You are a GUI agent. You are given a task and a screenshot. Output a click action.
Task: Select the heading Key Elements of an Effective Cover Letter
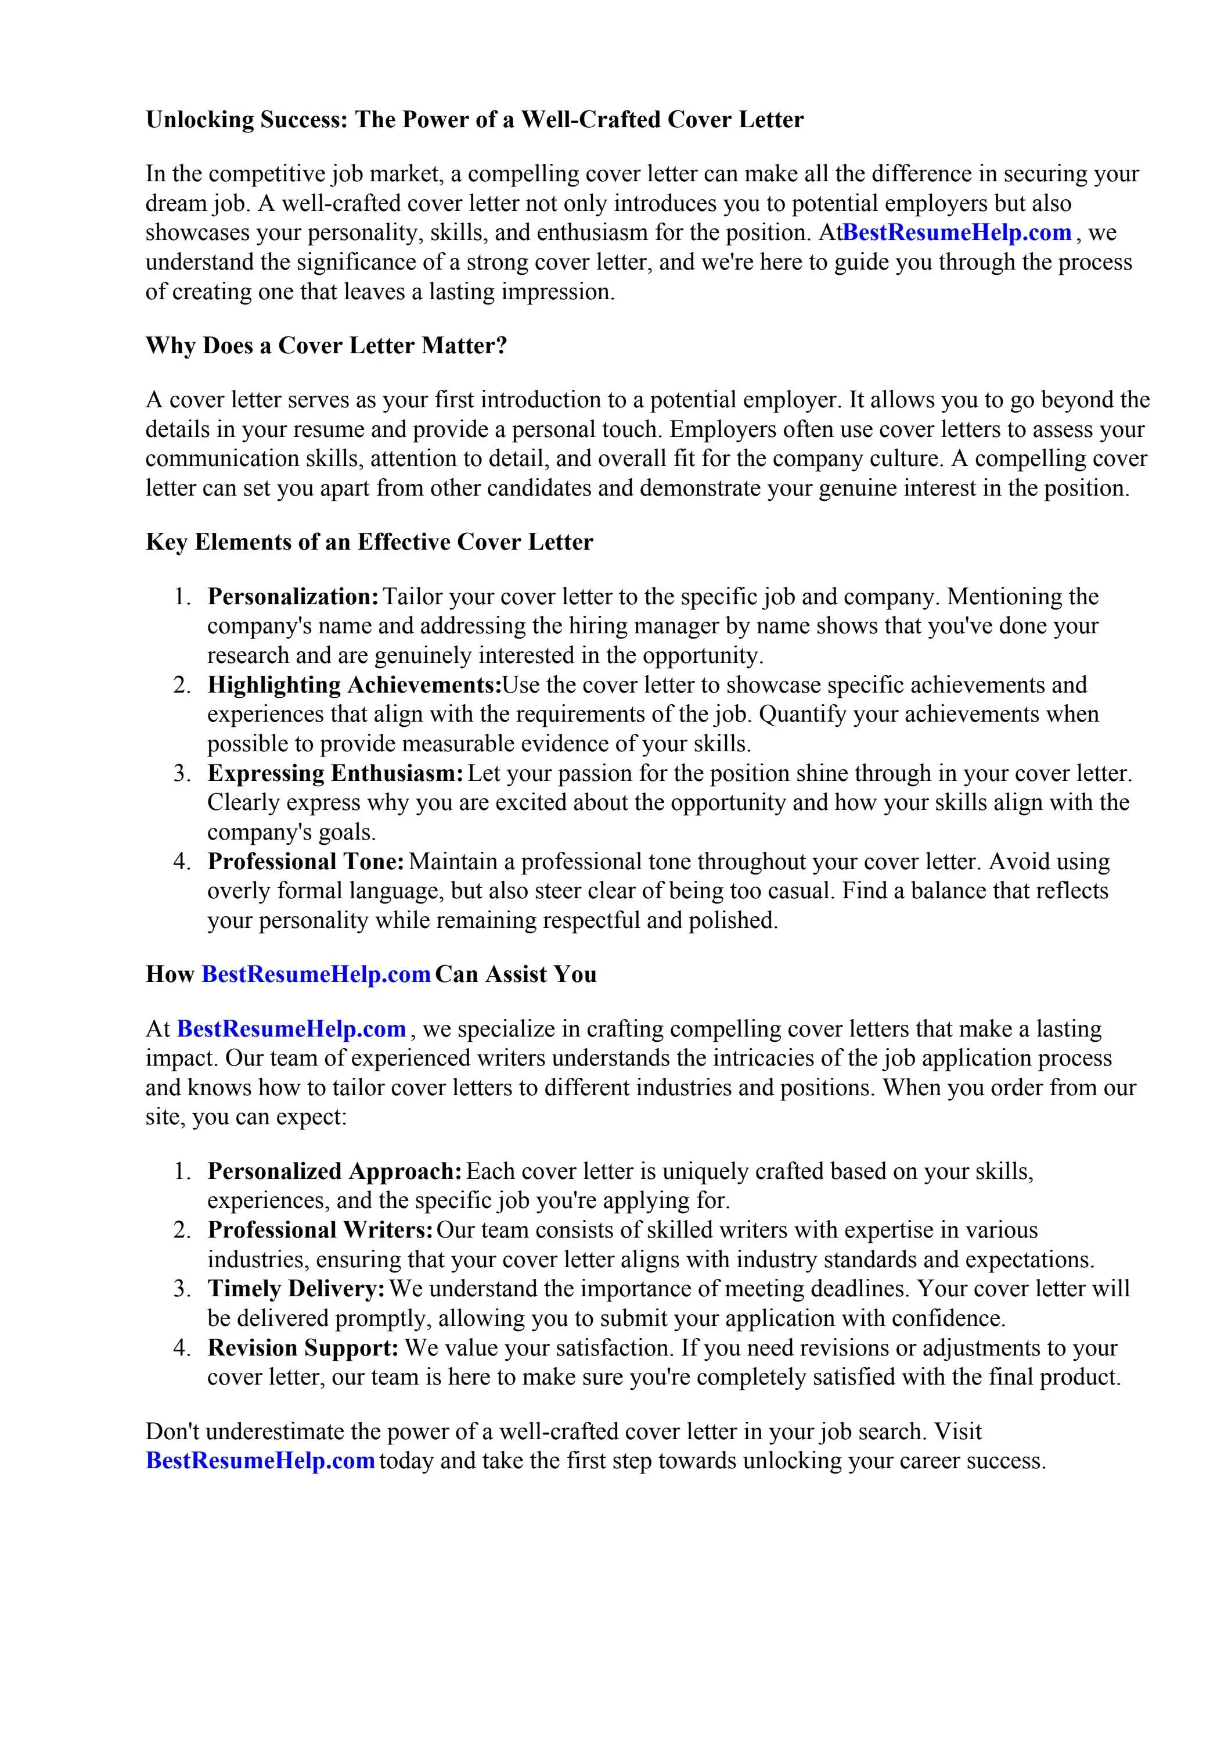369,542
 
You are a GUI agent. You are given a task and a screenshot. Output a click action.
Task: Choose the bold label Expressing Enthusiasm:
336,773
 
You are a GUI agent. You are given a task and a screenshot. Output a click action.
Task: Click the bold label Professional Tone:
306,862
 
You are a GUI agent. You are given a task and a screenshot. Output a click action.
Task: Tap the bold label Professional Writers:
320,1230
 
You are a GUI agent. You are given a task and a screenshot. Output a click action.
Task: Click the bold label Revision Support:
303,1347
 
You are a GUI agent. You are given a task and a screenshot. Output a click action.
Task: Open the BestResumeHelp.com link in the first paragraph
957,232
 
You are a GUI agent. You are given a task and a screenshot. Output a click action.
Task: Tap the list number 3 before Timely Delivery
182,1289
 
